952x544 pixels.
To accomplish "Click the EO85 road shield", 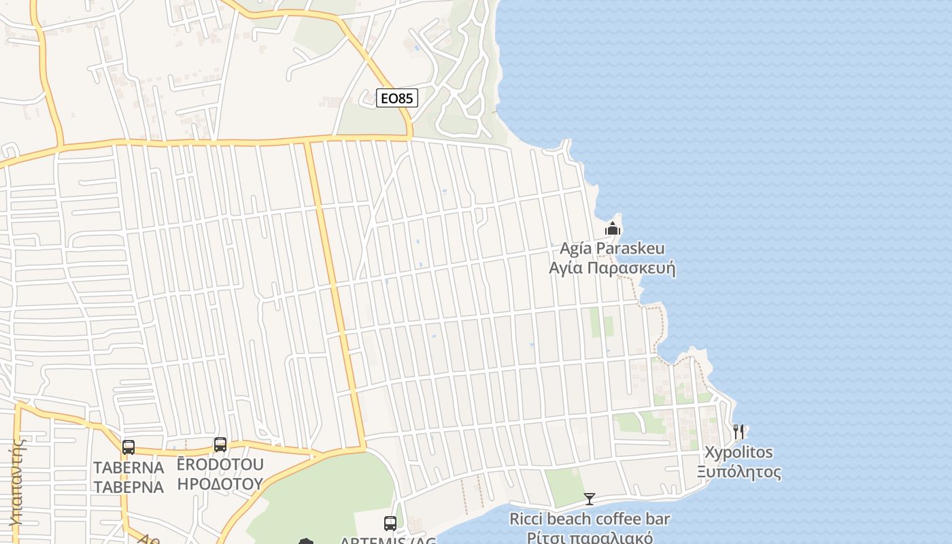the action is click(397, 98).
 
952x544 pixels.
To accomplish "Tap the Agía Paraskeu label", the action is click(612, 248).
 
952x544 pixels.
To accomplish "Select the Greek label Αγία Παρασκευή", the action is click(612, 267).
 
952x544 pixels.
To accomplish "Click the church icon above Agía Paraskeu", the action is click(613, 228).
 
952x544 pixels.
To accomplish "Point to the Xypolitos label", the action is click(738, 452).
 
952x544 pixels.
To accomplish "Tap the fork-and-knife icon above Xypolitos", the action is click(738, 431).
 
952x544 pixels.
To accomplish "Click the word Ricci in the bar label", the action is click(526, 520).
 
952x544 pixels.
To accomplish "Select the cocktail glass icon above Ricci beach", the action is click(590, 499).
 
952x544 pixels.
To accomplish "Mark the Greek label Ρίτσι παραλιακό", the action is click(590, 538).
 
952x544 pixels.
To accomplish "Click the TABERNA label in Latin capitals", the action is click(129, 468).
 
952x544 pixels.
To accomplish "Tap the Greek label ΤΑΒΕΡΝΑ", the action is click(129, 487).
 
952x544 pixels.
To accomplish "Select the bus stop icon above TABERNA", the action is click(129, 447).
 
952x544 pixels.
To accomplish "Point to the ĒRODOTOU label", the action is click(220, 465).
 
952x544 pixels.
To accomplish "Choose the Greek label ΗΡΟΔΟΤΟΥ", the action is click(220, 483).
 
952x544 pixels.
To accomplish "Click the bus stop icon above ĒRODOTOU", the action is click(220, 445).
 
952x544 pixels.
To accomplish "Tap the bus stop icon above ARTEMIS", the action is click(390, 523).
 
